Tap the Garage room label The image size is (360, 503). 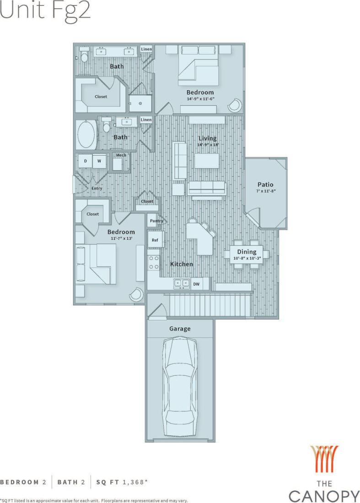coord(180,329)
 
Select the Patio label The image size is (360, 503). coord(265,184)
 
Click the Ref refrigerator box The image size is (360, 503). coord(155,240)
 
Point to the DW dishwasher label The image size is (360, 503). coord(196,284)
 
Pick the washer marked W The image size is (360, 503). coord(99,161)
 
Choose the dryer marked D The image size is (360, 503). coord(85,161)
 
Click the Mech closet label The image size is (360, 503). coord(121,155)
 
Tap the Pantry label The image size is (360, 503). coord(156,221)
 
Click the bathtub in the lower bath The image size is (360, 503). coord(87,135)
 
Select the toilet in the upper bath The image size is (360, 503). coord(84,56)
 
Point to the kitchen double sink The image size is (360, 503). coord(182,283)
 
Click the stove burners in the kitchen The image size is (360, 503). coord(154,261)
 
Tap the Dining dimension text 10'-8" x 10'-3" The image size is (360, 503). coord(246,259)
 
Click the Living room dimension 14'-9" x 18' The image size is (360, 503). coord(207,145)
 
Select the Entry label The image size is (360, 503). coord(97,188)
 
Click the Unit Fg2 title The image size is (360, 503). coord(45,11)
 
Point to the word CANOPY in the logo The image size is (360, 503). coord(324,496)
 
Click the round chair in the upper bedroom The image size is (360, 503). coord(235,105)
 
